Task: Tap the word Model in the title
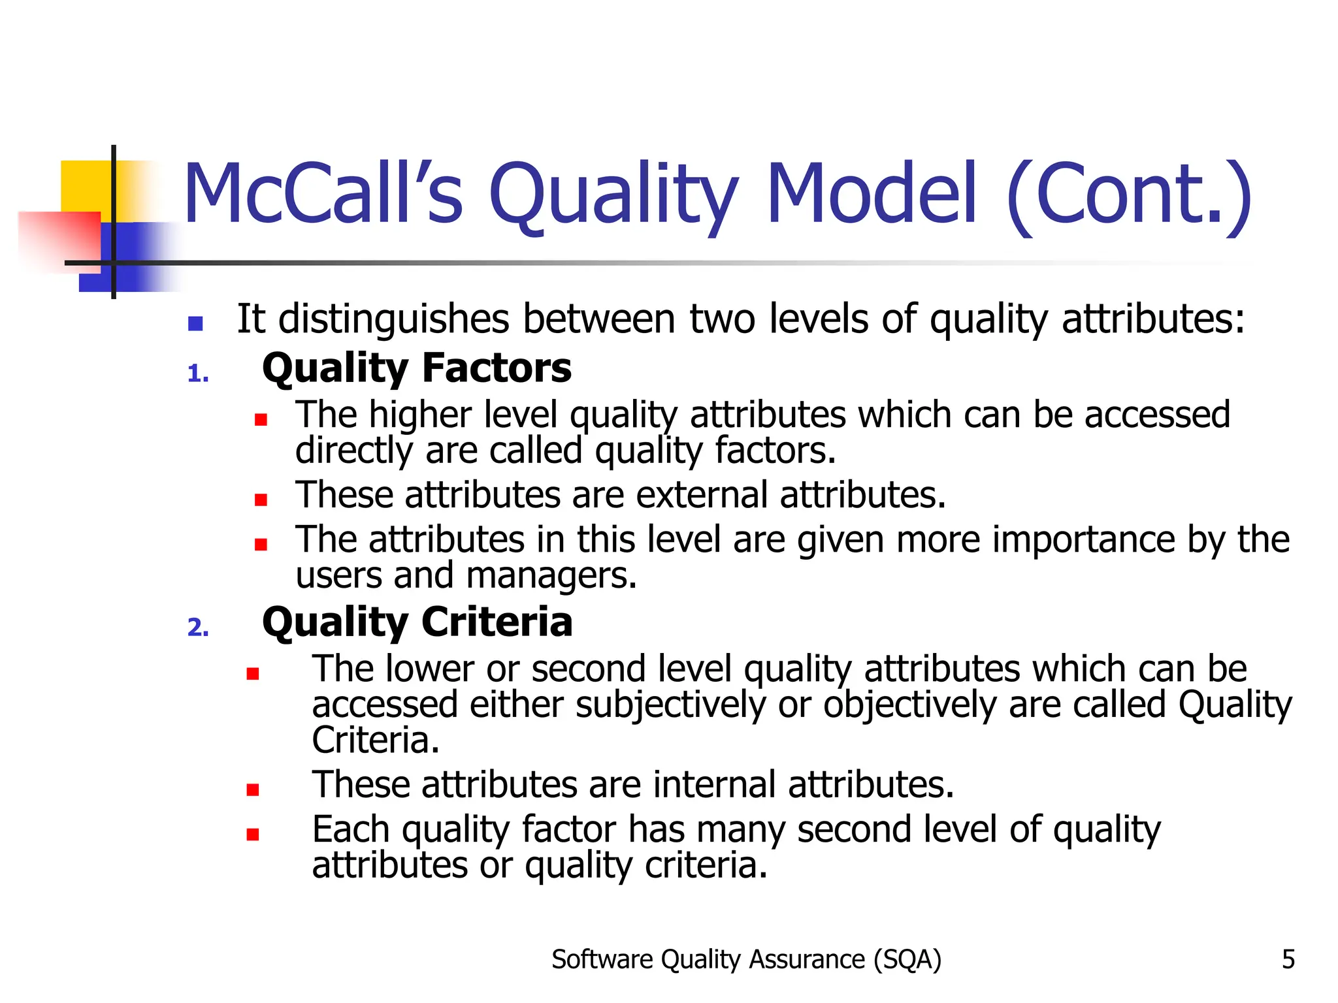tap(872, 194)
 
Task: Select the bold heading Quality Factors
tap(416, 368)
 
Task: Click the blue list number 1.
tap(197, 374)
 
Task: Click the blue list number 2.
tap(198, 628)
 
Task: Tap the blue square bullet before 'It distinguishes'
tap(195, 323)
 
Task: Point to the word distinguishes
tap(394, 319)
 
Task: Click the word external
tap(701, 494)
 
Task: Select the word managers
tap(551, 576)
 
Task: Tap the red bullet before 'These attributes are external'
tap(261, 500)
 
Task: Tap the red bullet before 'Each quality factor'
tap(253, 834)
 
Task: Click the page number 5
tap(1288, 959)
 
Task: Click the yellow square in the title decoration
tap(85, 186)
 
